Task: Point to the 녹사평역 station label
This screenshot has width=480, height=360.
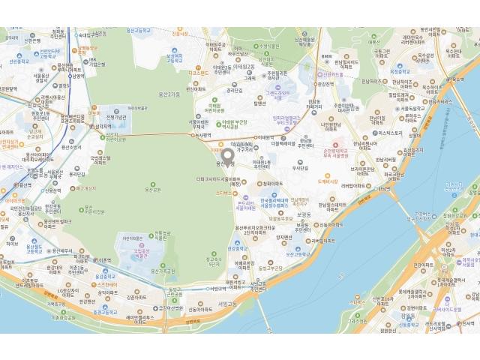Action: click(x=199, y=136)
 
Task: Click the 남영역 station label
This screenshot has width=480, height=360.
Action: click(x=76, y=75)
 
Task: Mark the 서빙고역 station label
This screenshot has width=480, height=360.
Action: click(x=217, y=287)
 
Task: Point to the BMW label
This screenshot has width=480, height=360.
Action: click(x=325, y=58)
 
